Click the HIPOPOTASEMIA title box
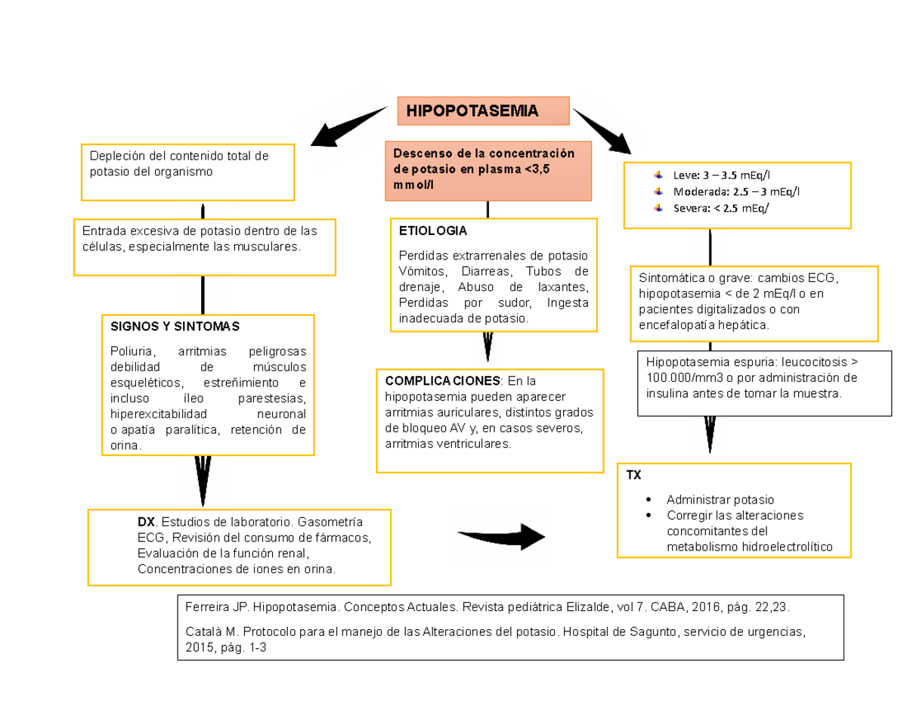tap(483, 111)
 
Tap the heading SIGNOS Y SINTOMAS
tap(174, 327)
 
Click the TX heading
tap(633, 476)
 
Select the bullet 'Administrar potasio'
tap(720, 500)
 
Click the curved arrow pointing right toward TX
tap(503, 536)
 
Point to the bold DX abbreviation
tap(145, 523)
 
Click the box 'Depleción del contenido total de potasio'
tap(187, 172)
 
